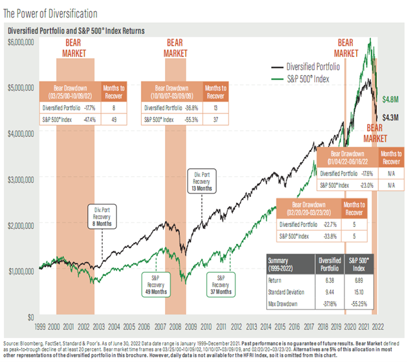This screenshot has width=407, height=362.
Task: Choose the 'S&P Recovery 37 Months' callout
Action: pos(220,282)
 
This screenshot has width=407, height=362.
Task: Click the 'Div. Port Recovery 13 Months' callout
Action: pos(202,180)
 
